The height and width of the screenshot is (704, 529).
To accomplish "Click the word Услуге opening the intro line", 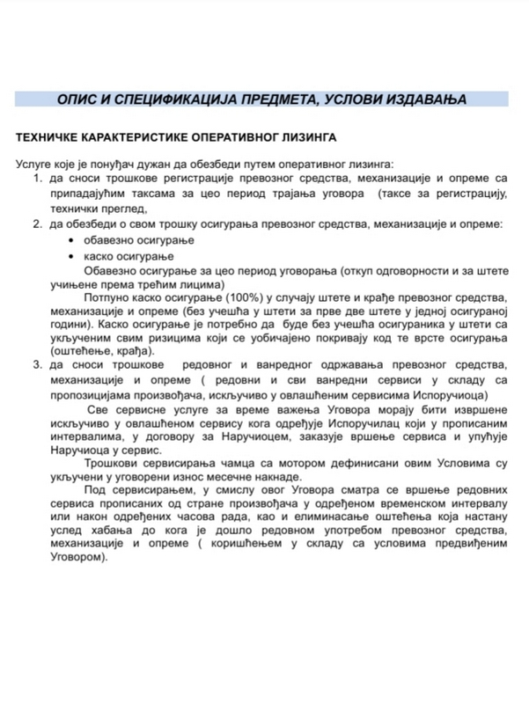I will (35, 165).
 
